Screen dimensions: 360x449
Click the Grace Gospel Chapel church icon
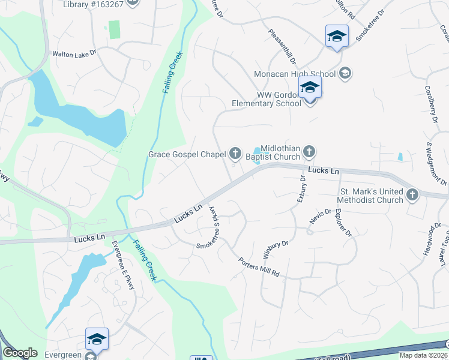[235, 154]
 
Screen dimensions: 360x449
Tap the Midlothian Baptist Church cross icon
[309, 151]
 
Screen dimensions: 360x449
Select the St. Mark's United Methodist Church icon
[412, 194]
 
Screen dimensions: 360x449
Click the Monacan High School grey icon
[345, 73]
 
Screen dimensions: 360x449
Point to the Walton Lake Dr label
[74, 53]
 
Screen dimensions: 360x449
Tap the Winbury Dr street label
[276, 250]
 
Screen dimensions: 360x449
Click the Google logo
[20, 353]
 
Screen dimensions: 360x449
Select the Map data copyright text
[423, 355]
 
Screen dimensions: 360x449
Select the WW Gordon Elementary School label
[267, 99]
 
